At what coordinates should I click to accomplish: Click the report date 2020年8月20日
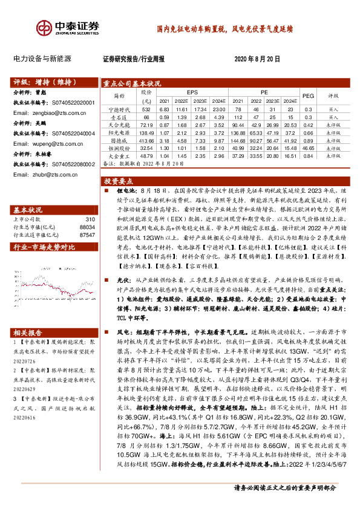[257, 59]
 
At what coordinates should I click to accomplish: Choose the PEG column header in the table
[308, 96]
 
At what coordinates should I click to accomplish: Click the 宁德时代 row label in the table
[115, 109]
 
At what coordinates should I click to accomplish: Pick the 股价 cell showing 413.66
[146, 140]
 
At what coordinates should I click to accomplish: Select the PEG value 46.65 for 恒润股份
[308, 148]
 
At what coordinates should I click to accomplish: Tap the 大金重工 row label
[115, 155]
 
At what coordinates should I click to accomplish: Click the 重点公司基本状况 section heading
[133, 83]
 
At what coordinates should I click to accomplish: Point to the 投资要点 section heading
[119, 181]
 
